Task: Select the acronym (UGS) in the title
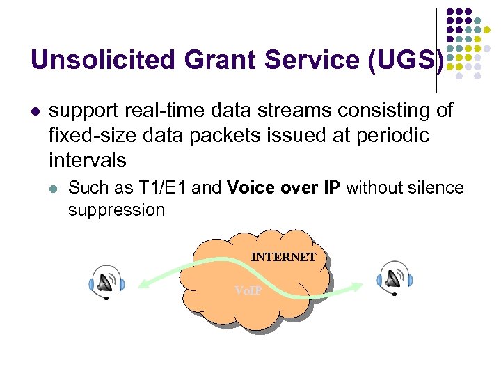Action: coord(401,60)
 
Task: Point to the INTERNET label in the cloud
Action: coord(283,257)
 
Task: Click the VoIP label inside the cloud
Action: coord(248,290)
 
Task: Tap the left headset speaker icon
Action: coord(106,281)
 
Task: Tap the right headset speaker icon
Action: coord(395,279)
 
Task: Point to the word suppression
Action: coord(116,210)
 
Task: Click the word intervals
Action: coord(88,161)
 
